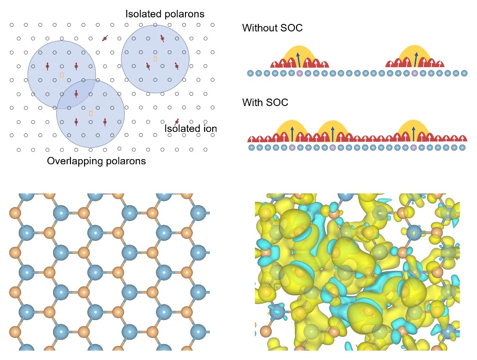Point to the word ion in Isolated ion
pyautogui.click(x=210, y=129)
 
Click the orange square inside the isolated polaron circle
pyautogui.click(x=155, y=59)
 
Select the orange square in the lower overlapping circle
pyautogui.click(x=91, y=114)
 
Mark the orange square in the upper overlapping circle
pyautogui.click(x=62, y=75)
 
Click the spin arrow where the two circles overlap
pyautogui.click(x=76, y=94)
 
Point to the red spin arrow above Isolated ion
pyautogui.click(x=177, y=122)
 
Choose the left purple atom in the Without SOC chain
pyautogui.click(x=300, y=73)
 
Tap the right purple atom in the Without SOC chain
pyautogui.click(x=415, y=73)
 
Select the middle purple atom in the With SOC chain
pyautogui.click(x=332, y=148)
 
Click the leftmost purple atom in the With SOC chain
pyautogui.click(x=292, y=148)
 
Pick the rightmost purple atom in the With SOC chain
pyautogui.click(x=413, y=148)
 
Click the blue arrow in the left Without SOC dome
pyautogui.click(x=299, y=60)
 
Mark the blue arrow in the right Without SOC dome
pyautogui.click(x=415, y=60)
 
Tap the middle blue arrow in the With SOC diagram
pyautogui.click(x=332, y=134)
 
